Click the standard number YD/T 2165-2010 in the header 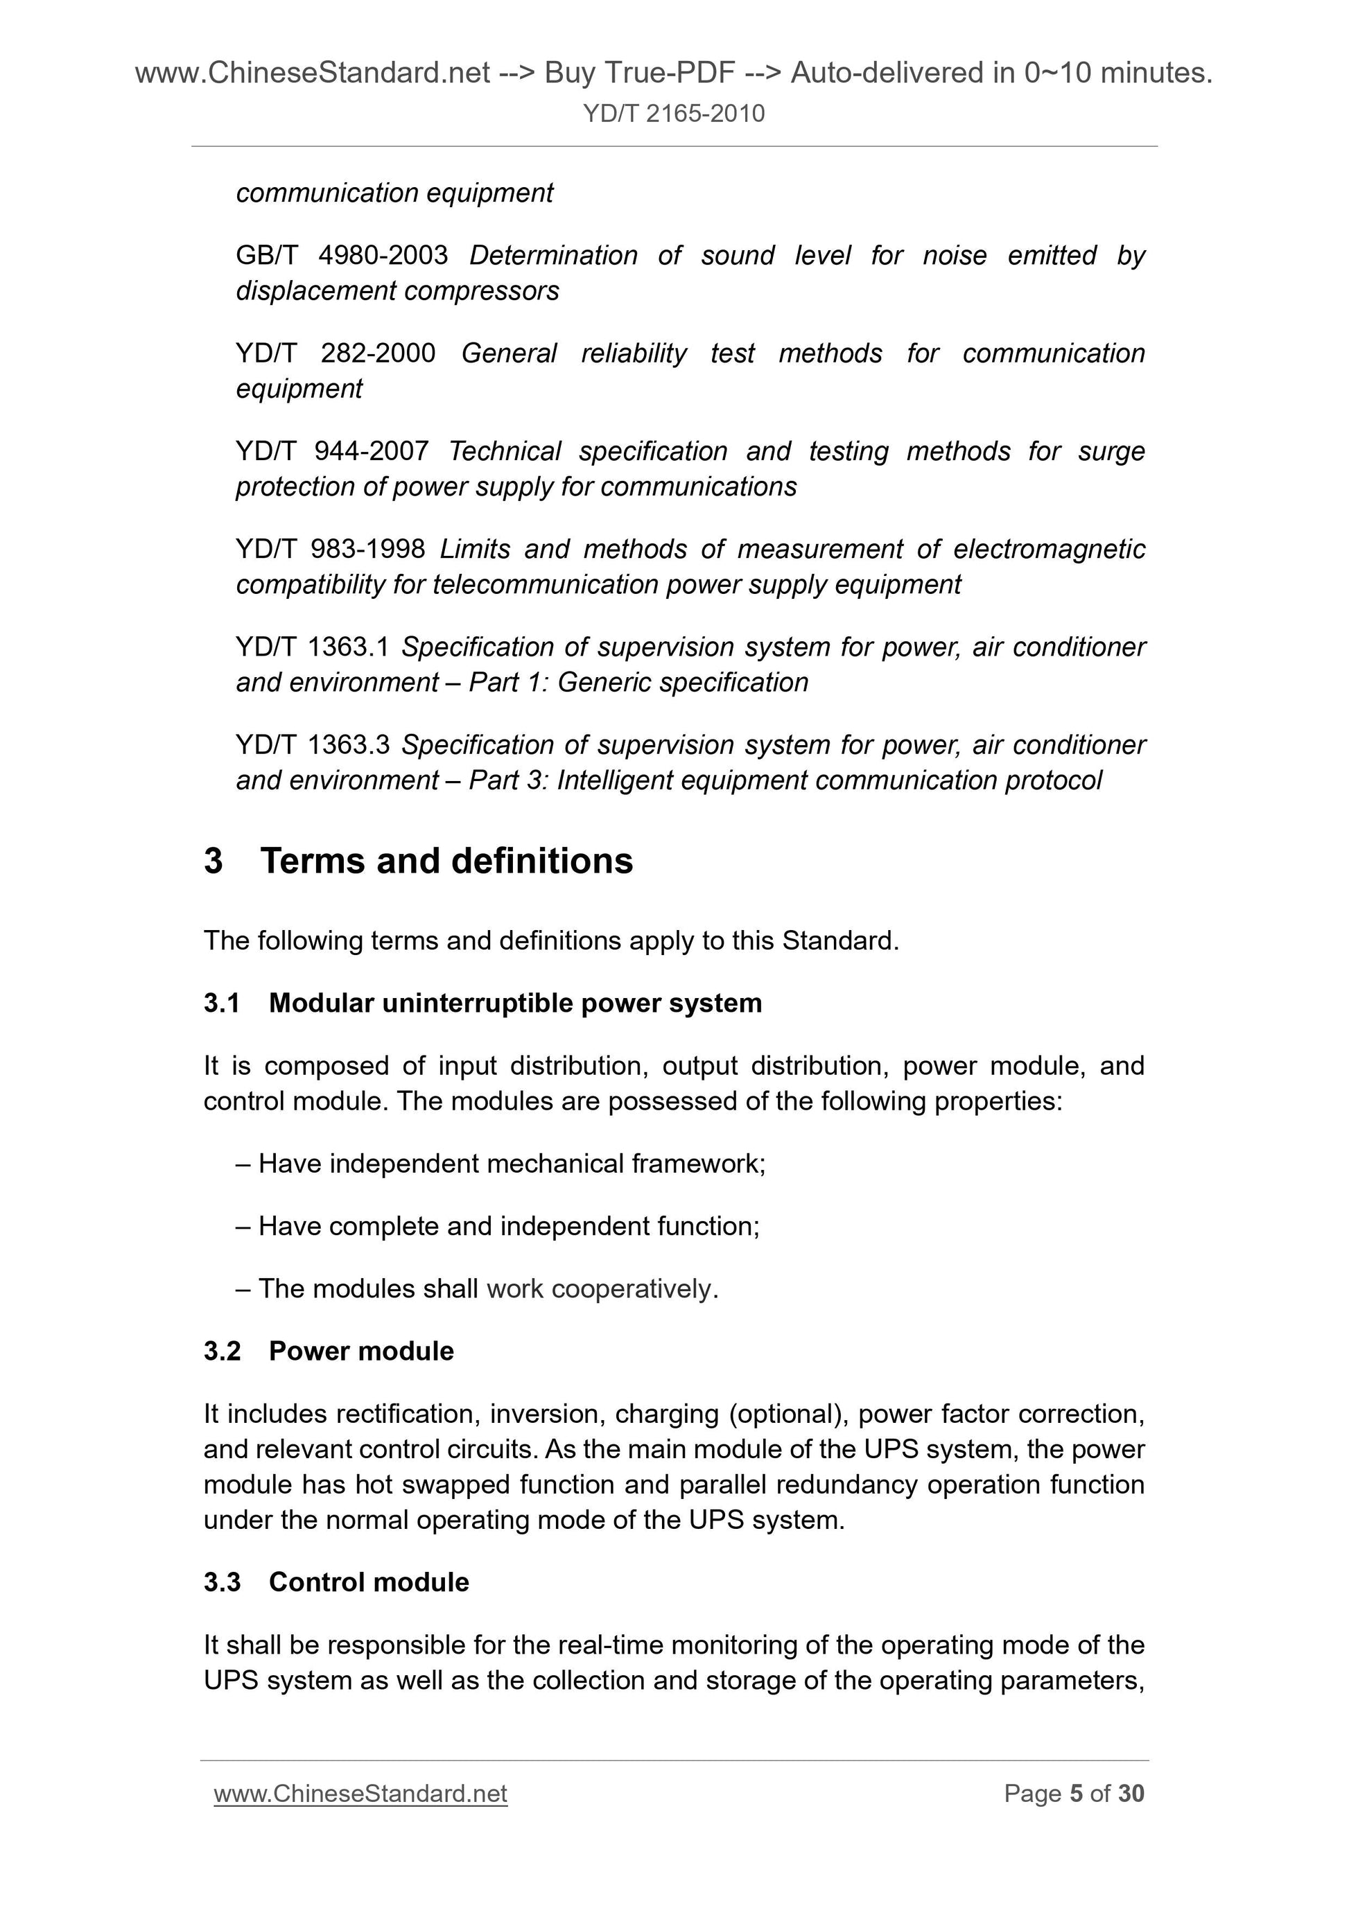(x=673, y=113)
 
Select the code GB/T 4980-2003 (x=342, y=255)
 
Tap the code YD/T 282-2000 (x=336, y=353)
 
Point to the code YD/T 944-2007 (x=331, y=451)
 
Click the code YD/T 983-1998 (x=330, y=550)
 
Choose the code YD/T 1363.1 (x=313, y=647)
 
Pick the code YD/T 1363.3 (x=313, y=746)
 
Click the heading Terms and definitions (x=446, y=861)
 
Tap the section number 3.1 (x=222, y=1004)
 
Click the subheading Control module (x=368, y=1582)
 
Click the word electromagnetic (x=1049, y=550)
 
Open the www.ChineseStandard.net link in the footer (x=360, y=1794)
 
